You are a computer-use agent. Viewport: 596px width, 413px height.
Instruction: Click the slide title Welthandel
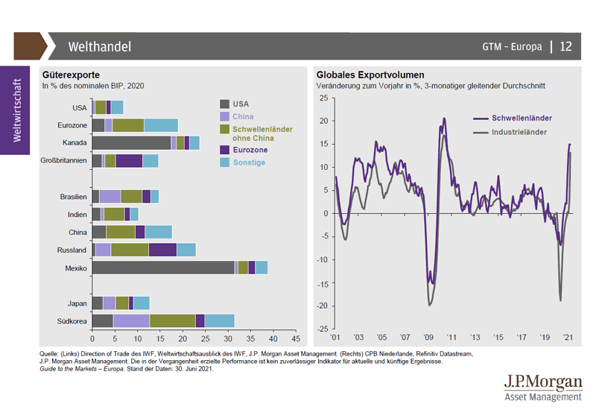[x=99, y=46]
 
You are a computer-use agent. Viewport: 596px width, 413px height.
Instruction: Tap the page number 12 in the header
[x=565, y=46]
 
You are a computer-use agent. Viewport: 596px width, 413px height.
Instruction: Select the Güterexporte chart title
[x=72, y=75]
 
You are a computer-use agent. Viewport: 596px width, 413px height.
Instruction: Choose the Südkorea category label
[x=73, y=321]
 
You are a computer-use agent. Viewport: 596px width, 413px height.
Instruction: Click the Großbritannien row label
[x=66, y=160]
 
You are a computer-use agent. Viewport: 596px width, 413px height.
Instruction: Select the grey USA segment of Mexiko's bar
[x=163, y=267]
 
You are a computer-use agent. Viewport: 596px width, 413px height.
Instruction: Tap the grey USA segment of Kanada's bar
[x=131, y=142]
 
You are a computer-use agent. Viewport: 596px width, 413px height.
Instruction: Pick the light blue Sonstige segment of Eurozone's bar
[x=161, y=124]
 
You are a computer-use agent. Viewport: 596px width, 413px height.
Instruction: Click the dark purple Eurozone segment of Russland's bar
[x=162, y=250]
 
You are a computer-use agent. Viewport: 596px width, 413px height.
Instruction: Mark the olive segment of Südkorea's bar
[x=172, y=321]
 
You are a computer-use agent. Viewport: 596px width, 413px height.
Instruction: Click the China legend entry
[x=243, y=116]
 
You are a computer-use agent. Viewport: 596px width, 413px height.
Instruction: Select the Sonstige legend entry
[x=249, y=162]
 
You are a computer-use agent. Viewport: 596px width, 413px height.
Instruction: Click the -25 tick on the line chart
[x=323, y=329]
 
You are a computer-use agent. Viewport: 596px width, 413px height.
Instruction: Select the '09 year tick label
[x=428, y=337]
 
